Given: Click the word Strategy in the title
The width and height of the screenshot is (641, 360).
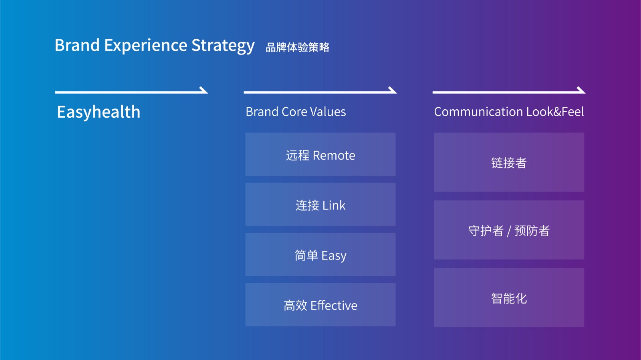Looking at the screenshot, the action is [x=223, y=46].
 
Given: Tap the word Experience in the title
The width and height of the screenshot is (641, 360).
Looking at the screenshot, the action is [x=145, y=46].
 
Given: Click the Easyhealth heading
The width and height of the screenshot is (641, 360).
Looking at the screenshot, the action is [x=99, y=112].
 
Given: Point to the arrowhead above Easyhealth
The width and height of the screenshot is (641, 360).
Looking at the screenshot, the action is [x=204, y=90].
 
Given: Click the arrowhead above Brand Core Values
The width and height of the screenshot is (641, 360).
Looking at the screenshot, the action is [x=392, y=90].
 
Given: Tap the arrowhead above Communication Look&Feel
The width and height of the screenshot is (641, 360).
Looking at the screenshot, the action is [x=581, y=90].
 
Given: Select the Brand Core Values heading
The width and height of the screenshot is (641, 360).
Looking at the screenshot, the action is [x=296, y=112].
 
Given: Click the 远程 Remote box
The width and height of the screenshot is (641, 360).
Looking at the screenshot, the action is [x=320, y=155].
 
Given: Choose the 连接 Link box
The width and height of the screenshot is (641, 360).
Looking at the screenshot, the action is [x=320, y=205].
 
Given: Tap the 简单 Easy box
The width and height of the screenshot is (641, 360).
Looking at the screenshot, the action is [x=320, y=255].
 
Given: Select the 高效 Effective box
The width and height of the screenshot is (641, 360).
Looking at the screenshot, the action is [x=320, y=305].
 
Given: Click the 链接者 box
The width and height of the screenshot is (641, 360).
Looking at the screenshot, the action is [x=509, y=162].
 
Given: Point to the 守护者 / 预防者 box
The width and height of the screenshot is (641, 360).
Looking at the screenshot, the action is [x=509, y=230].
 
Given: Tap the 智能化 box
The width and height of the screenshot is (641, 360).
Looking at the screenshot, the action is [x=509, y=298].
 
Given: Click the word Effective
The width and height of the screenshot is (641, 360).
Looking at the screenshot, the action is [x=334, y=306].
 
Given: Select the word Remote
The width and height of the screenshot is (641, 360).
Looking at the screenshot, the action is [x=334, y=155].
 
